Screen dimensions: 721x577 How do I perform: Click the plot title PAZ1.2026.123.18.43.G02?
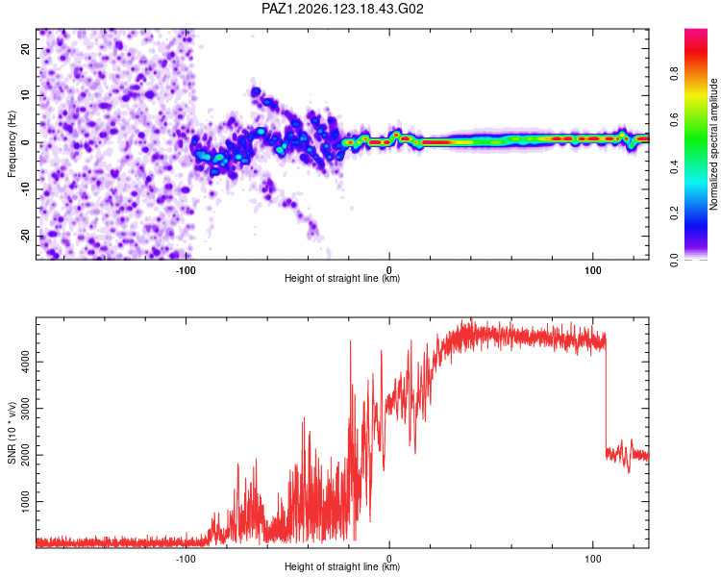[x=342, y=9]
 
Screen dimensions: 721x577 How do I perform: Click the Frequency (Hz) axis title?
[x=12, y=144]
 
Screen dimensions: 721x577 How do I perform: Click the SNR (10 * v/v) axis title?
[x=12, y=433]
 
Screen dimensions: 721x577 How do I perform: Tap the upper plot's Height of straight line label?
[x=342, y=278]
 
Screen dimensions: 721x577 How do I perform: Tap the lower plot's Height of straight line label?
[x=342, y=566]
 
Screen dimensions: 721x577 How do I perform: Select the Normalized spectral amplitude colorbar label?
[x=713, y=144]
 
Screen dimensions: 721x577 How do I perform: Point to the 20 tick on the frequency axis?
[x=25, y=49]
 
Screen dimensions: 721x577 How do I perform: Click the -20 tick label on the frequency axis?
[x=25, y=237]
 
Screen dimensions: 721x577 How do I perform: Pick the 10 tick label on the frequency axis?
[x=25, y=96]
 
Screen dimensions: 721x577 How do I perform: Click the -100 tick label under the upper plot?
[x=186, y=270]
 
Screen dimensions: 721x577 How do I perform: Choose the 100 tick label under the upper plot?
[x=593, y=270]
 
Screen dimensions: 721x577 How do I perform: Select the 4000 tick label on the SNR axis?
[x=25, y=363]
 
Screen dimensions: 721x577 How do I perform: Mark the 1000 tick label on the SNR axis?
[x=25, y=502]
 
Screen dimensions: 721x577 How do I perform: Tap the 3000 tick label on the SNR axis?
[x=25, y=409]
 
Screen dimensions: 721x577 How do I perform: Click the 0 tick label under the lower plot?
[x=389, y=559]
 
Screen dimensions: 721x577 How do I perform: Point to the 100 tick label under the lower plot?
[x=593, y=559]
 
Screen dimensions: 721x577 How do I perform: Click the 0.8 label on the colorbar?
[x=674, y=74]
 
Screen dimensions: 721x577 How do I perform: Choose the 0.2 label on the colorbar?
[x=674, y=213]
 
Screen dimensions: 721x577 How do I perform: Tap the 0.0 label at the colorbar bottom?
[x=674, y=260]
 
